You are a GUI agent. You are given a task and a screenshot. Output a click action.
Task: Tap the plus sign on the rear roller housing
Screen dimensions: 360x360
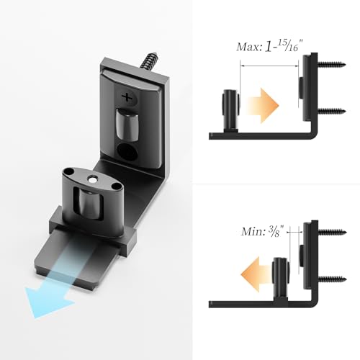[128, 96]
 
